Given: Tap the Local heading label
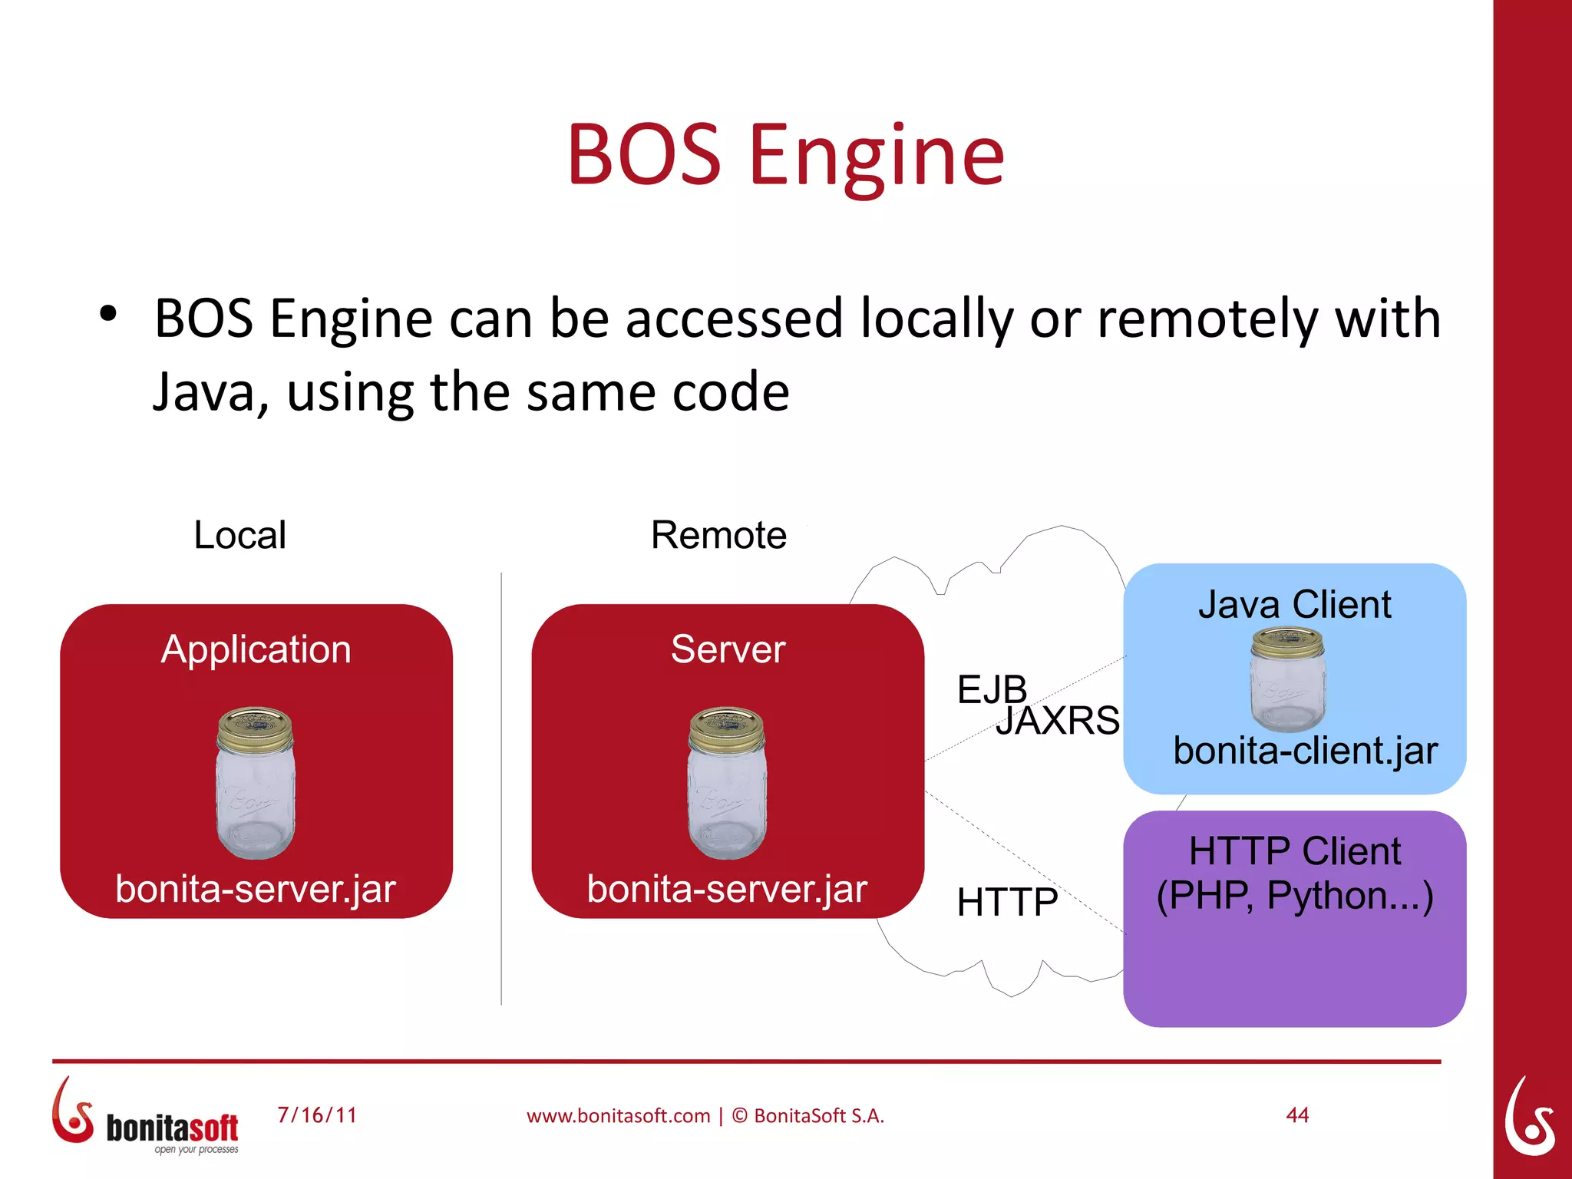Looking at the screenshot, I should click(239, 535).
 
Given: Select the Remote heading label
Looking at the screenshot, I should click(718, 535).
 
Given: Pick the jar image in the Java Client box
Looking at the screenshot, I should click(1287, 679).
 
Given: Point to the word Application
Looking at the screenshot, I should click(256, 649).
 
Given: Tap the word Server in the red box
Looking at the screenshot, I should click(728, 649).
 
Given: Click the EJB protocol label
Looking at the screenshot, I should click(991, 689).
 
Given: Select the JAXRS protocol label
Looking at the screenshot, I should click(1058, 721).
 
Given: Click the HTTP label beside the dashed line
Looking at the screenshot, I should click(1006, 902).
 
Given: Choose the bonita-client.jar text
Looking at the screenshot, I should click(1305, 751).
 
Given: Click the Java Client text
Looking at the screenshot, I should click(1294, 605).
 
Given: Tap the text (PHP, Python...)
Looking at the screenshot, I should click(1294, 896).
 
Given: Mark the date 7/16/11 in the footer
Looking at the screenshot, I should click(317, 1115).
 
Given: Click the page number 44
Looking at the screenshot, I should click(1297, 1115).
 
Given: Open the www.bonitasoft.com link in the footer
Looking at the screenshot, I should click(618, 1116).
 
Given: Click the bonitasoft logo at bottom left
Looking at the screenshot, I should click(146, 1117).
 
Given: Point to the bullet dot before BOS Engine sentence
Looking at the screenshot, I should click(108, 314).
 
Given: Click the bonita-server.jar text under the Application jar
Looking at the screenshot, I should click(256, 889).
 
